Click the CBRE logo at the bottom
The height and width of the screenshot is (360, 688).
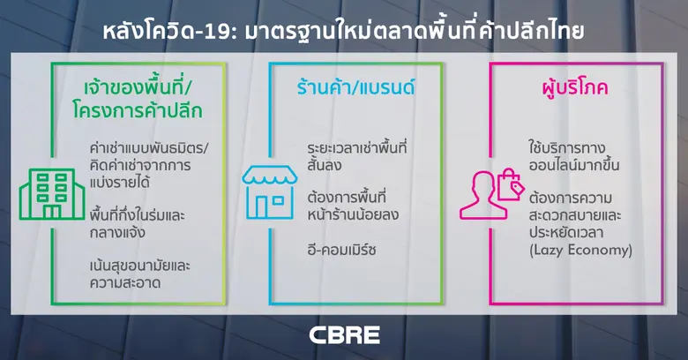(x=344, y=335)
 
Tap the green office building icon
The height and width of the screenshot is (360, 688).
(x=43, y=193)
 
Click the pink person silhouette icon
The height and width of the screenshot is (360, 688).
(x=478, y=197)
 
